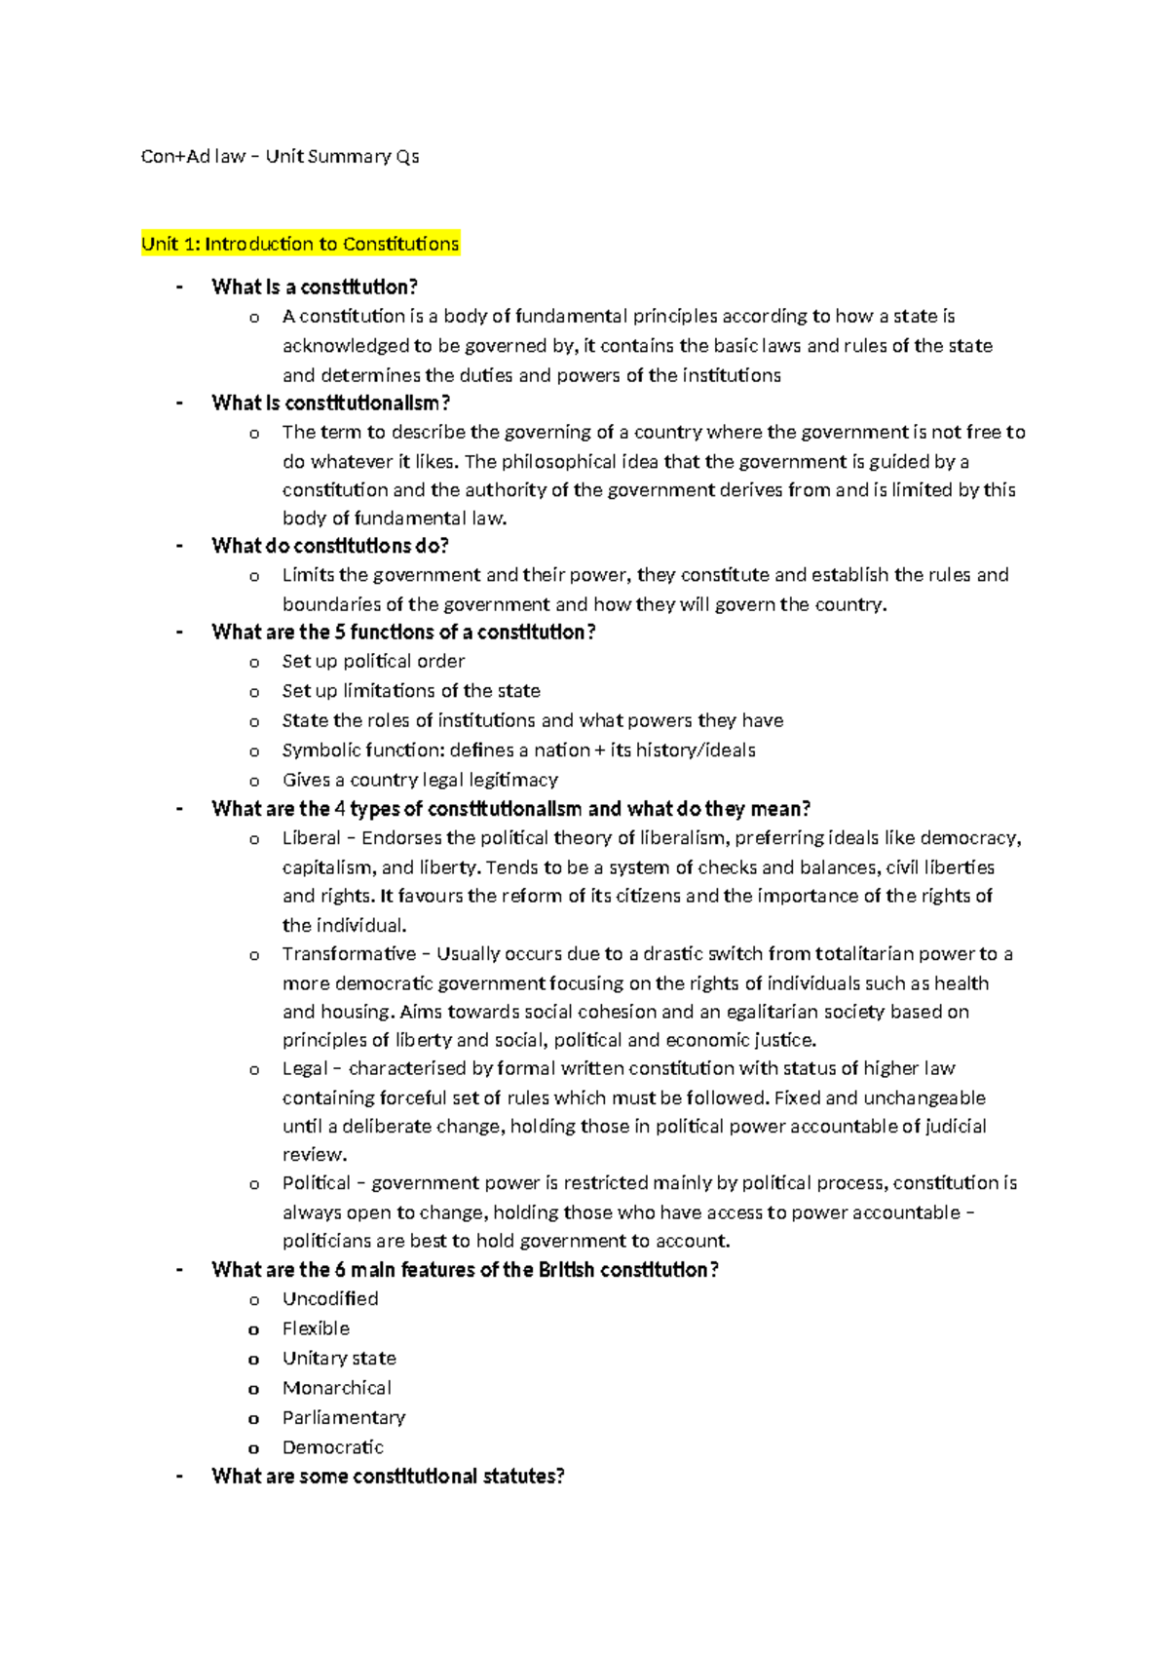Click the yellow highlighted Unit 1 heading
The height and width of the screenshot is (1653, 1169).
pos(300,244)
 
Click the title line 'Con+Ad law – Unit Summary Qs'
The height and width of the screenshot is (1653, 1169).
pos(281,156)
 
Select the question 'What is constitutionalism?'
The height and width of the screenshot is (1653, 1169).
pos(331,403)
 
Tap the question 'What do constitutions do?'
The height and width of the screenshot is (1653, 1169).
pos(330,546)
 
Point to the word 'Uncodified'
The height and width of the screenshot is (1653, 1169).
pos(330,1299)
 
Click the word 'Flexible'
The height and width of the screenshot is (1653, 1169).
pos(316,1328)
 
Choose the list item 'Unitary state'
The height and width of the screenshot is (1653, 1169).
pos(339,1359)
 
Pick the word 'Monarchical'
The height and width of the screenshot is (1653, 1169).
pos(337,1388)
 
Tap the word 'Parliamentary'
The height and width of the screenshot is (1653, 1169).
pos(344,1418)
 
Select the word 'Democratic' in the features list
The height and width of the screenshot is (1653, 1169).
pos(333,1447)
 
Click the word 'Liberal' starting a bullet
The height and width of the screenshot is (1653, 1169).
pos(312,838)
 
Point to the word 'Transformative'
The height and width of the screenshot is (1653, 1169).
pos(349,954)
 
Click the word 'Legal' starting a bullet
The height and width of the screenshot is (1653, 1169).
pos(305,1069)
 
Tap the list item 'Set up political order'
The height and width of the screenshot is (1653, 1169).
pos(373,662)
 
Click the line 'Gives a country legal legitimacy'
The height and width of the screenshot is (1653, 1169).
pos(420,780)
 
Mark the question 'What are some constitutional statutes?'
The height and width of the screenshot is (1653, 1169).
pos(388,1477)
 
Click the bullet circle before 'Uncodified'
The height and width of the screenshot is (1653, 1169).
pos(254,1300)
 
